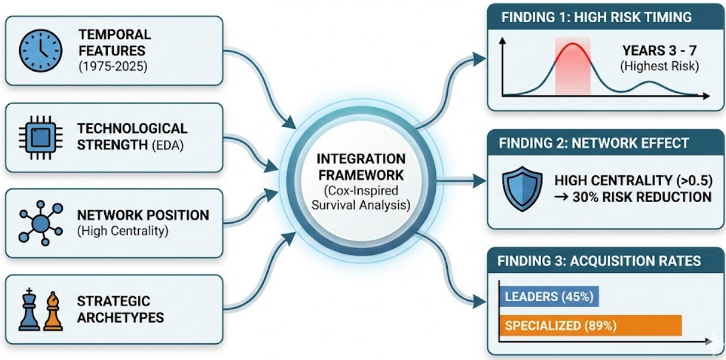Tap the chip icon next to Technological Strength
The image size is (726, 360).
(x=40, y=136)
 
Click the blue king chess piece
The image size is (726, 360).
(x=29, y=309)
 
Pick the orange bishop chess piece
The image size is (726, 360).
(x=54, y=311)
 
